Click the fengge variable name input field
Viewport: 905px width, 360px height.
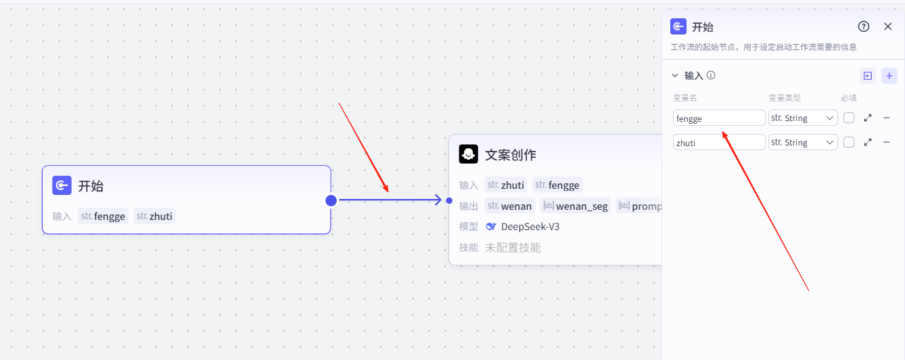[718, 118]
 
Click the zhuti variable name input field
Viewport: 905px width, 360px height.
[718, 143]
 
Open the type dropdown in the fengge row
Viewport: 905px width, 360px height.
[803, 118]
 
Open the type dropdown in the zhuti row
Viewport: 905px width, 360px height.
[803, 143]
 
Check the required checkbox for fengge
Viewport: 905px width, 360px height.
[849, 118]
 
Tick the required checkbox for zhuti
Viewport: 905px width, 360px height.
[849, 143]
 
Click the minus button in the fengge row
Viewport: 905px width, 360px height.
[887, 118]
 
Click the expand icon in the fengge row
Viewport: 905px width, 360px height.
[868, 118]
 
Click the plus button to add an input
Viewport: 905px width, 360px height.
[889, 76]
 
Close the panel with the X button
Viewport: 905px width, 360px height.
[888, 26]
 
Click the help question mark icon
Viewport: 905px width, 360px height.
[864, 26]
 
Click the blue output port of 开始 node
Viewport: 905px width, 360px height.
[331, 200]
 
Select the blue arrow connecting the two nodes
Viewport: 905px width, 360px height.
[389, 200]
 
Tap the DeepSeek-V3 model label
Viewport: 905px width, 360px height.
[530, 227]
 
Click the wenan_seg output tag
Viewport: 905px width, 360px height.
[575, 206]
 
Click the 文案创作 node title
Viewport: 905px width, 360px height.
[510, 155]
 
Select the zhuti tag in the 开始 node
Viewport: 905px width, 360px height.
[154, 217]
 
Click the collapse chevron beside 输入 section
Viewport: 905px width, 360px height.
[674, 76]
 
